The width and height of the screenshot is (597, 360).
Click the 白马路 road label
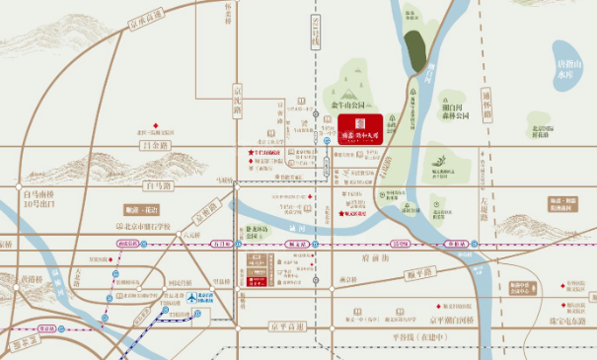[x=157, y=184]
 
